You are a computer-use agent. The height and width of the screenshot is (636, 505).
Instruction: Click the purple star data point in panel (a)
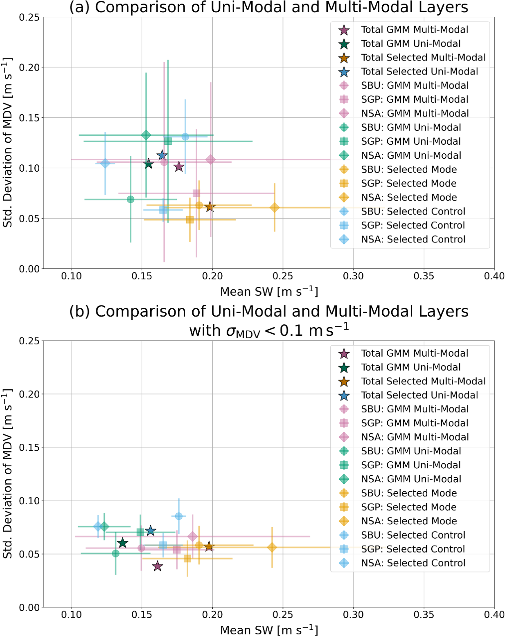(x=178, y=167)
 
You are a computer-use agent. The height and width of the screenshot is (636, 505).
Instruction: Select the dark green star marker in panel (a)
(x=149, y=164)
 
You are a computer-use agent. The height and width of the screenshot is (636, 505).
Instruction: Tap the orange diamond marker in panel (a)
(x=275, y=208)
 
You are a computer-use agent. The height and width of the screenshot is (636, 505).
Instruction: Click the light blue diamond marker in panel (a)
(x=105, y=163)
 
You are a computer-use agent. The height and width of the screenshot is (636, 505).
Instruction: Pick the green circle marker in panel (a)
(x=131, y=200)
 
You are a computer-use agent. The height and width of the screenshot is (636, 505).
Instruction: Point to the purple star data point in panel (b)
(x=158, y=566)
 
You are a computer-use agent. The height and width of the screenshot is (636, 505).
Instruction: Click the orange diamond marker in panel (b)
(x=272, y=547)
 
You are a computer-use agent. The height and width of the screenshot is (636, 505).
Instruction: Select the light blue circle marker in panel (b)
(x=178, y=516)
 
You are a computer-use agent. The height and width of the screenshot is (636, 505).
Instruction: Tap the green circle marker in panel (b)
(x=116, y=553)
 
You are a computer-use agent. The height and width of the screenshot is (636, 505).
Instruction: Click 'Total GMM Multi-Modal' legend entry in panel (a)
(x=414, y=30)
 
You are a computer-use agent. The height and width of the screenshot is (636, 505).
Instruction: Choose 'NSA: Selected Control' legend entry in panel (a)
(x=413, y=239)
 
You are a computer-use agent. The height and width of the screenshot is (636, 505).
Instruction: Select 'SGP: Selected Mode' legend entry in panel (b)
(x=408, y=507)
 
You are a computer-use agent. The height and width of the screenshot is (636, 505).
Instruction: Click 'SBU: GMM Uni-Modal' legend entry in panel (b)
(x=410, y=451)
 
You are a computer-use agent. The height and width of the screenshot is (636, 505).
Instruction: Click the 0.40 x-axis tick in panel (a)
(x=494, y=276)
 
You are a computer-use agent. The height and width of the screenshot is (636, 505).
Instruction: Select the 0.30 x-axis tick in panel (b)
(x=353, y=615)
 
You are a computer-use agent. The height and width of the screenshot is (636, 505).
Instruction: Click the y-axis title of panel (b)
(x=8, y=474)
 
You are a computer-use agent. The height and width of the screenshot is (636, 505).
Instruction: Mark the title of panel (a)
(x=269, y=7)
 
